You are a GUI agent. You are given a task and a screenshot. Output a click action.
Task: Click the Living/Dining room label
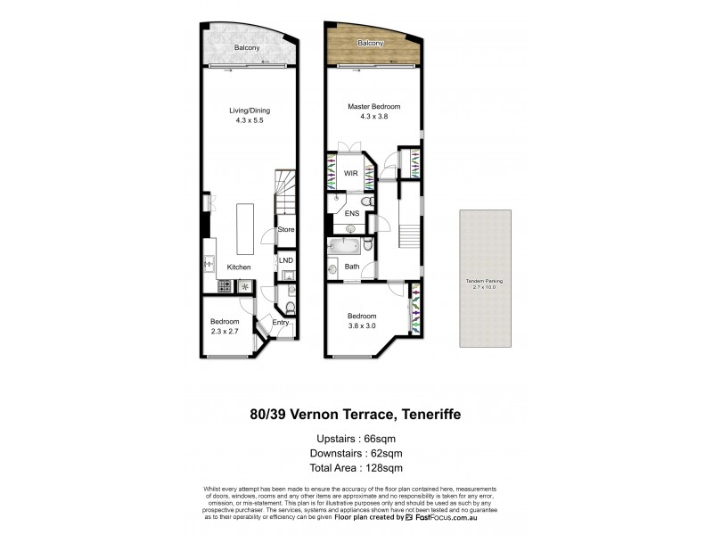(x=249, y=111)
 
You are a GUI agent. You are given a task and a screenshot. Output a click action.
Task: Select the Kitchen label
(x=238, y=267)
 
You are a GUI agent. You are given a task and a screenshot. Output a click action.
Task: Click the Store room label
(x=285, y=230)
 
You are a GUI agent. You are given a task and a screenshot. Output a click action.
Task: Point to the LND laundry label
(x=285, y=260)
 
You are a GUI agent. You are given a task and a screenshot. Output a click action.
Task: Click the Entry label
(x=280, y=323)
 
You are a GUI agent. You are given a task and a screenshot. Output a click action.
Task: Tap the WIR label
(x=352, y=175)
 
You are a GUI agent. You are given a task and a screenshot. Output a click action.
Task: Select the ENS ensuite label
(x=353, y=215)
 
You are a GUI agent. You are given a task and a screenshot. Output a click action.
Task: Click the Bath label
(x=352, y=267)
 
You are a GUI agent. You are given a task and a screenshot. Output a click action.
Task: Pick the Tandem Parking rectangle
(x=485, y=279)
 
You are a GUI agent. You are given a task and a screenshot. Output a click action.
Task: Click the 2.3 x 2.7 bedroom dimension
(x=224, y=331)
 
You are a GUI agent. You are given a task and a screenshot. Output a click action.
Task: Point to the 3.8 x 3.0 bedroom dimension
(x=361, y=325)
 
